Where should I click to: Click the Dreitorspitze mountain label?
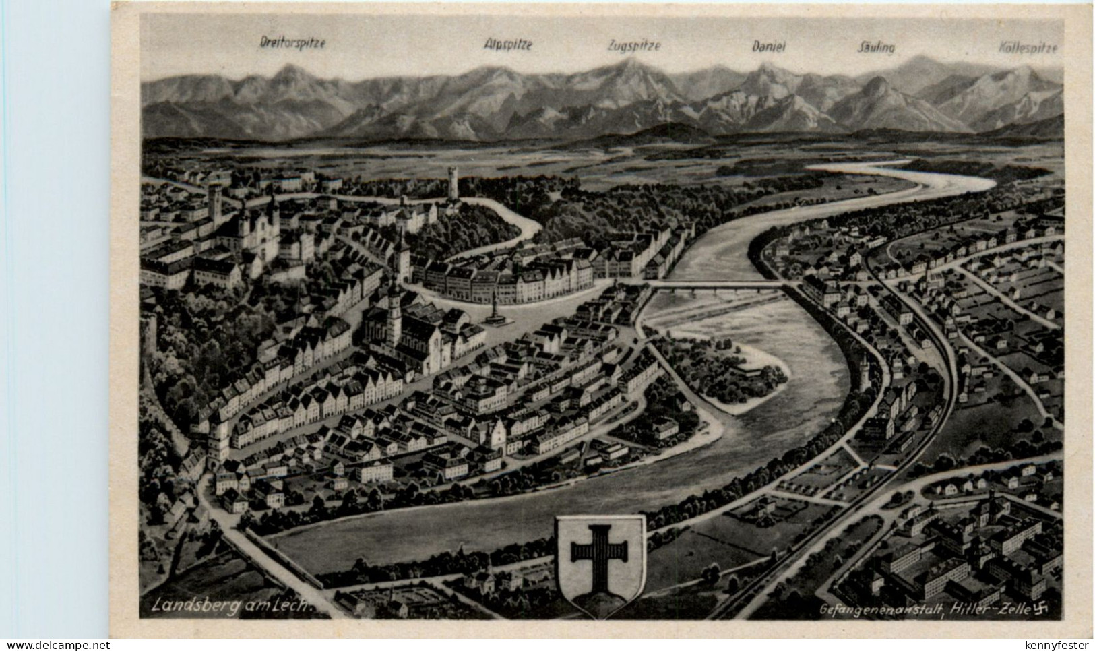coord(292,42)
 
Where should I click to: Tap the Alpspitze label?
coord(508,44)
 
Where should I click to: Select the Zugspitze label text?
coord(633,46)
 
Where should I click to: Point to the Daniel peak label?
coord(769,46)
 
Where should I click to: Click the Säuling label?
coord(875,47)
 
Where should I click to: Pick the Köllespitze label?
coord(1028,48)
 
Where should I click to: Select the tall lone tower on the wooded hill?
coord(451,183)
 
